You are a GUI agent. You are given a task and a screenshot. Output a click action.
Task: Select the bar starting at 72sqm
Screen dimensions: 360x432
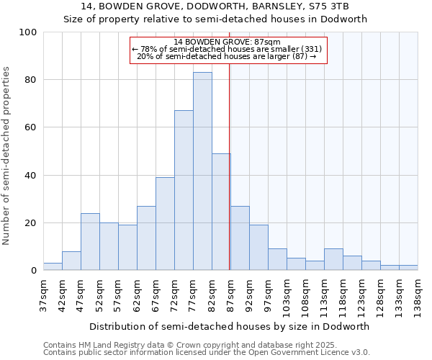(184, 190)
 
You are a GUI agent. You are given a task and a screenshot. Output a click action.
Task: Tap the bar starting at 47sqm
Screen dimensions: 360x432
(90, 242)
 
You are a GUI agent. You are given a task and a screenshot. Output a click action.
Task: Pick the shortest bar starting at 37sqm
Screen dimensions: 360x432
(53, 267)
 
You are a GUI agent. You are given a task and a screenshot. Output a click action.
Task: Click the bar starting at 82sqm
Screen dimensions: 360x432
(221, 212)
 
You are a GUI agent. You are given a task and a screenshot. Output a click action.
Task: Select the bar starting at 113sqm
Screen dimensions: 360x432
(333, 260)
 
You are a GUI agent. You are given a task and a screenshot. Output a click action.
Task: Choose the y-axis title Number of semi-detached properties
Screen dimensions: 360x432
(7, 156)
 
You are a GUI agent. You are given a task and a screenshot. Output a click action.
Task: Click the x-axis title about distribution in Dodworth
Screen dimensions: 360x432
(230, 326)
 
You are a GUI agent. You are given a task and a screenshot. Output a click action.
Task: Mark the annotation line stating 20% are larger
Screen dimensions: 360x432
(226, 56)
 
